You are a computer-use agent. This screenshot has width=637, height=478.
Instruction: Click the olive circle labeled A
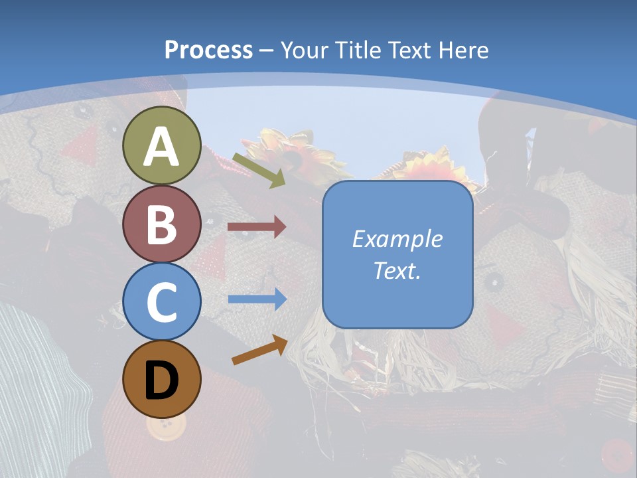[162, 145]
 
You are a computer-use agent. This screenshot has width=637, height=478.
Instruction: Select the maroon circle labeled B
[162, 224]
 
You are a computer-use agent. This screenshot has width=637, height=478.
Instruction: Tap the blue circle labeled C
[162, 301]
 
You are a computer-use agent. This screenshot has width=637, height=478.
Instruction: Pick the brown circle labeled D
[162, 379]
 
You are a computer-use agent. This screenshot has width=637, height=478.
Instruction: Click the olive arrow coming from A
[259, 169]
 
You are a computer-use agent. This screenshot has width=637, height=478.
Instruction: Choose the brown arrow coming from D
[259, 350]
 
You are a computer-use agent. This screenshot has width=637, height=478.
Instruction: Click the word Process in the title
[208, 50]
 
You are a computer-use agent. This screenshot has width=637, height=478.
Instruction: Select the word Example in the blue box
[397, 239]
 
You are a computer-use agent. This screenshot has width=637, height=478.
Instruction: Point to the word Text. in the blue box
[397, 270]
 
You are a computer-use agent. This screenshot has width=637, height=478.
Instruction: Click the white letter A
[162, 147]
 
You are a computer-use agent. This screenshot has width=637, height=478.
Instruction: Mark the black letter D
[162, 380]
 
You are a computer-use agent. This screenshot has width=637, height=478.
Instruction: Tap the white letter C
[162, 302]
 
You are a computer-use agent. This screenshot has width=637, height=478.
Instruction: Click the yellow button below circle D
[161, 428]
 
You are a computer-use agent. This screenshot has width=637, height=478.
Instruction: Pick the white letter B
[162, 224]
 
